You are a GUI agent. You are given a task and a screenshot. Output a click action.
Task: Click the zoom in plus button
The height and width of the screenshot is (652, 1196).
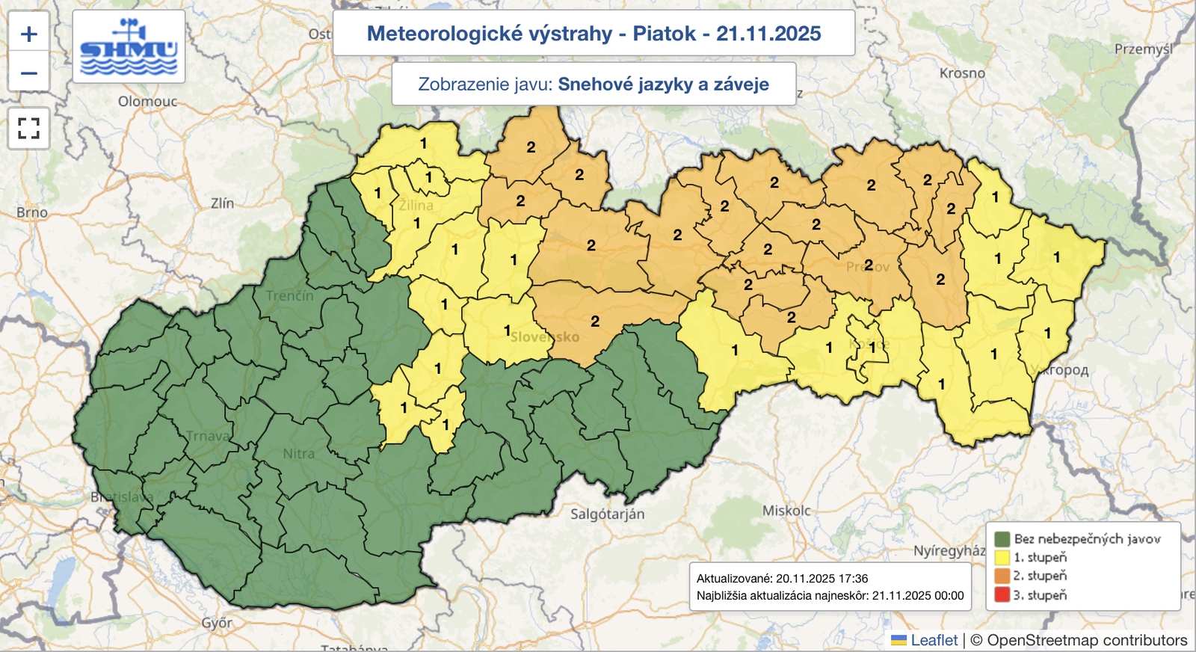(29, 34)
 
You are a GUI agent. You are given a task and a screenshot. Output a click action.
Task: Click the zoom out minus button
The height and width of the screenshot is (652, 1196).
(29, 73)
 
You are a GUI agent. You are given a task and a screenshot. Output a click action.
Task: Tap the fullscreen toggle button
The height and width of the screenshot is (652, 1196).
(29, 129)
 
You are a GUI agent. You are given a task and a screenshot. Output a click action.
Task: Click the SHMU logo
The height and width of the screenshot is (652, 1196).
(129, 47)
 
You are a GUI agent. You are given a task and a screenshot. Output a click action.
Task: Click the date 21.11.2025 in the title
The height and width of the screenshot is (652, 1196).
(768, 34)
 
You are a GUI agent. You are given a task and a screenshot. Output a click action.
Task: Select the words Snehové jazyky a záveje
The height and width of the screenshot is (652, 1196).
(663, 84)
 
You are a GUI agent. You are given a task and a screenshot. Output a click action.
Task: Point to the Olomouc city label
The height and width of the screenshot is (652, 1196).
(147, 101)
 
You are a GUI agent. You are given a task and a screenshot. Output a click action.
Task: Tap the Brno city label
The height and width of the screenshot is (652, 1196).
(32, 212)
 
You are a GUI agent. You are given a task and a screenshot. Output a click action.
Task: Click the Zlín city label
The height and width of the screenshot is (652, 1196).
(222, 203)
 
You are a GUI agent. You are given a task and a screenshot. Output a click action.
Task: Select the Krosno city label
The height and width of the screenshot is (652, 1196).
(962, 73)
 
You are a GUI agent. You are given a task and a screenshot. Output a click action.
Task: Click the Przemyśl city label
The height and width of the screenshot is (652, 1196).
(1143, 49)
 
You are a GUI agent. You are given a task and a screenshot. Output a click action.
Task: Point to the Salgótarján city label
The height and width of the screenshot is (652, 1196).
(607, 514)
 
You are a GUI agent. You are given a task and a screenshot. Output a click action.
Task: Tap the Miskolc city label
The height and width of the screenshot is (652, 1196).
(786, 511)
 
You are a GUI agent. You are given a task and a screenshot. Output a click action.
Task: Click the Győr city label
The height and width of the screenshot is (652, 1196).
(217, 622)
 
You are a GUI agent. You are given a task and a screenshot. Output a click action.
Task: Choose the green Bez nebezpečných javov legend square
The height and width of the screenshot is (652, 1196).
(1002, 538)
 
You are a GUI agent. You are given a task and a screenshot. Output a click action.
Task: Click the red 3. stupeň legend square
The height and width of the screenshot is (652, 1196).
(1002, 595)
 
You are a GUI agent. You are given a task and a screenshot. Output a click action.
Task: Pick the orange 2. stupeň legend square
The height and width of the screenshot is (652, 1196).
(1002, 576)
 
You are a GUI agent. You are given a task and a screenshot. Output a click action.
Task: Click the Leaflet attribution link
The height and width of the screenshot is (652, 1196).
(934, 640)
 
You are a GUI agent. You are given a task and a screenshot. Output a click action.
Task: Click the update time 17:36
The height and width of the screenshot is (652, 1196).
(854, 578)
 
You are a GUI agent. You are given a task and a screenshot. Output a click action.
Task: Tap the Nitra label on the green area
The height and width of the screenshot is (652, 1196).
(298, 453)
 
